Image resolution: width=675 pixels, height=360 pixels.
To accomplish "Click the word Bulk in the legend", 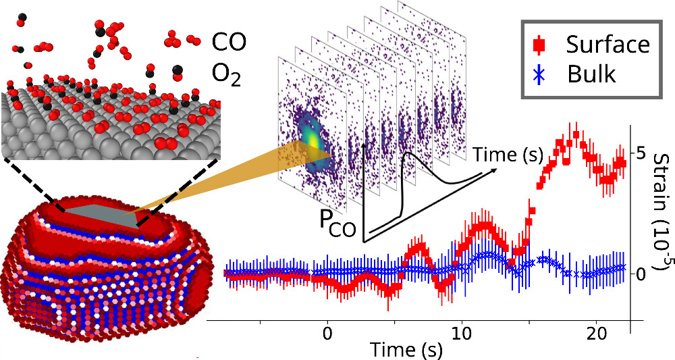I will click(x=591, y=74).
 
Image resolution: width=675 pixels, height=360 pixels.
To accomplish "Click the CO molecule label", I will click(x=230, y=43).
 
